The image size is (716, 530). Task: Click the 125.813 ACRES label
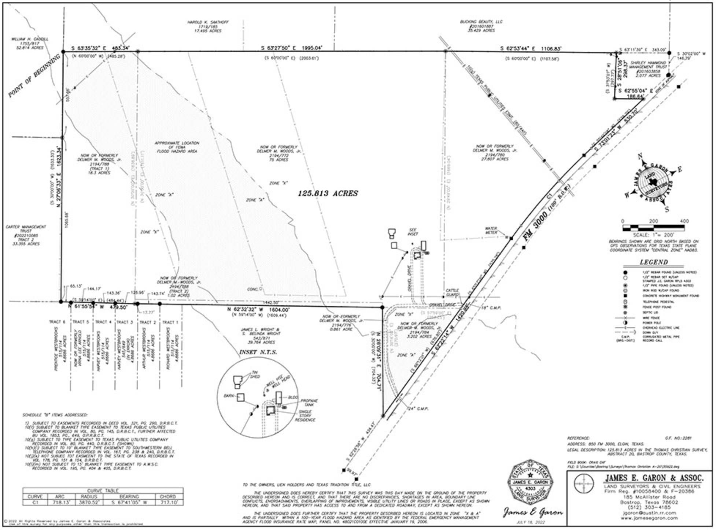[x=328, y=194]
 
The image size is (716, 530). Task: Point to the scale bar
[x=653, y=228]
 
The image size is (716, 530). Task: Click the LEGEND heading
[x=654, y=262]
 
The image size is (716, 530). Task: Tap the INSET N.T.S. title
[x=258, y=352]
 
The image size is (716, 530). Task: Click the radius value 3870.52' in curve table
[x=89, y=503]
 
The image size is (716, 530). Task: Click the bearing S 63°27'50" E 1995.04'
[x=291, y=48]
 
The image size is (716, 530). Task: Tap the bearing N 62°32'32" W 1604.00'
[x=258, y=309]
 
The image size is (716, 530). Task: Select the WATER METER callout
[x=491, y=230]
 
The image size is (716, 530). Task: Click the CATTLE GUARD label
[x=452, y=292]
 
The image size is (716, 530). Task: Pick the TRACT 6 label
[x=57, y=322]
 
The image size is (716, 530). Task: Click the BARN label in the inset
[x=229, y=396]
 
